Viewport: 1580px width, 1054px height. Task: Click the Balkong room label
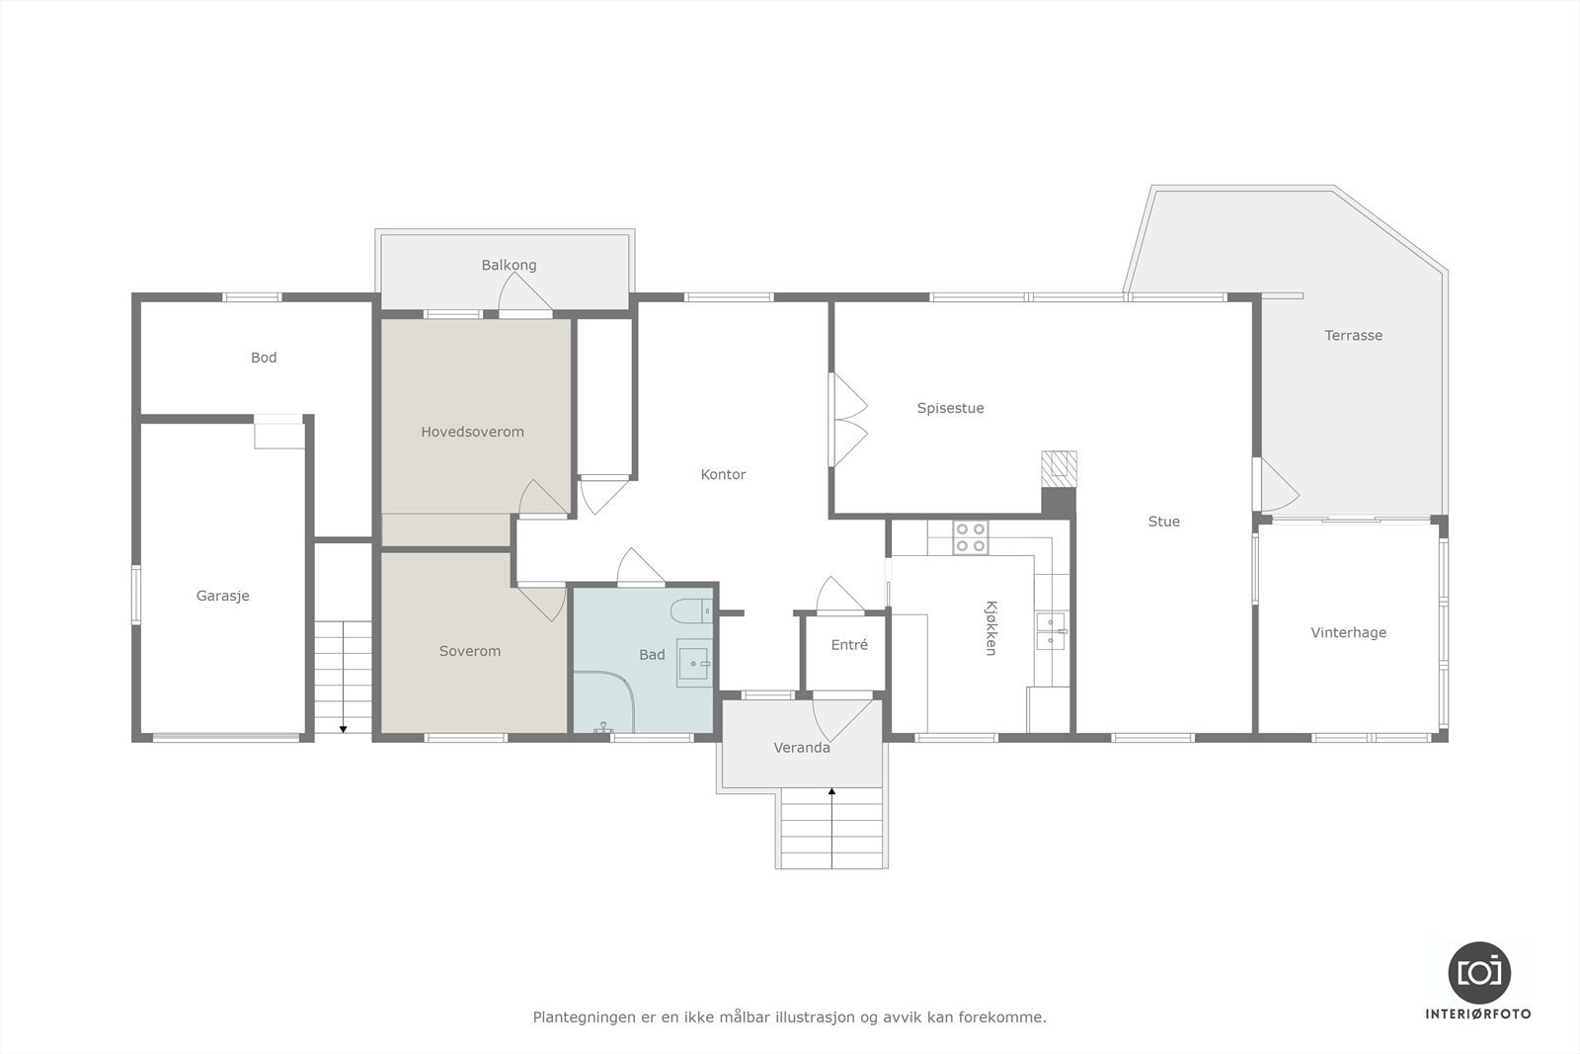point(509,265)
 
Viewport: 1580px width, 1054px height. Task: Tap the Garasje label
point(222,596)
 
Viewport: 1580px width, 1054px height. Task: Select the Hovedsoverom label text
point(472,432)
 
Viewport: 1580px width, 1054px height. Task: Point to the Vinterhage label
point(1348,632)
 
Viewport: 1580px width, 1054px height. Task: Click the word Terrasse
point(1353,335)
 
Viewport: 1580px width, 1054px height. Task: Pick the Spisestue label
point(950,408)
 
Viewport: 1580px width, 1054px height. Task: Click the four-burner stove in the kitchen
point(970,537)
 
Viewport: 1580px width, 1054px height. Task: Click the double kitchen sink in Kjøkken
point(1050,630)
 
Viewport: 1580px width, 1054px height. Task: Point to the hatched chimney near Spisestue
point(1060,465)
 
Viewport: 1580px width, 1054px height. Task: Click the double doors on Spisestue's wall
point(847,420)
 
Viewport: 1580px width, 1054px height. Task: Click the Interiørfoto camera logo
point(1478,972)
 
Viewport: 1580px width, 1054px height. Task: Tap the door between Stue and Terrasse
point(1274,484)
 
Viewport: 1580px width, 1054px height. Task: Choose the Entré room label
point(849,645)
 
